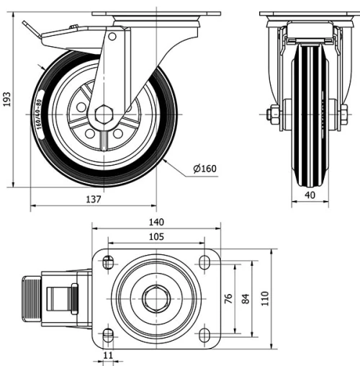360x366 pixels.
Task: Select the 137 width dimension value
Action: pos(93,199)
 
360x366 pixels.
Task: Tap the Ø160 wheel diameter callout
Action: pos(204,170)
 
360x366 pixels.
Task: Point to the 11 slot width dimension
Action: pos(108,356)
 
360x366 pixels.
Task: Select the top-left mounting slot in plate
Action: pos(108,262)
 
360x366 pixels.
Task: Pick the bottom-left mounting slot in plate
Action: pos(108,334)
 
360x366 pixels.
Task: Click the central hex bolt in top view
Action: pos(153,298)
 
